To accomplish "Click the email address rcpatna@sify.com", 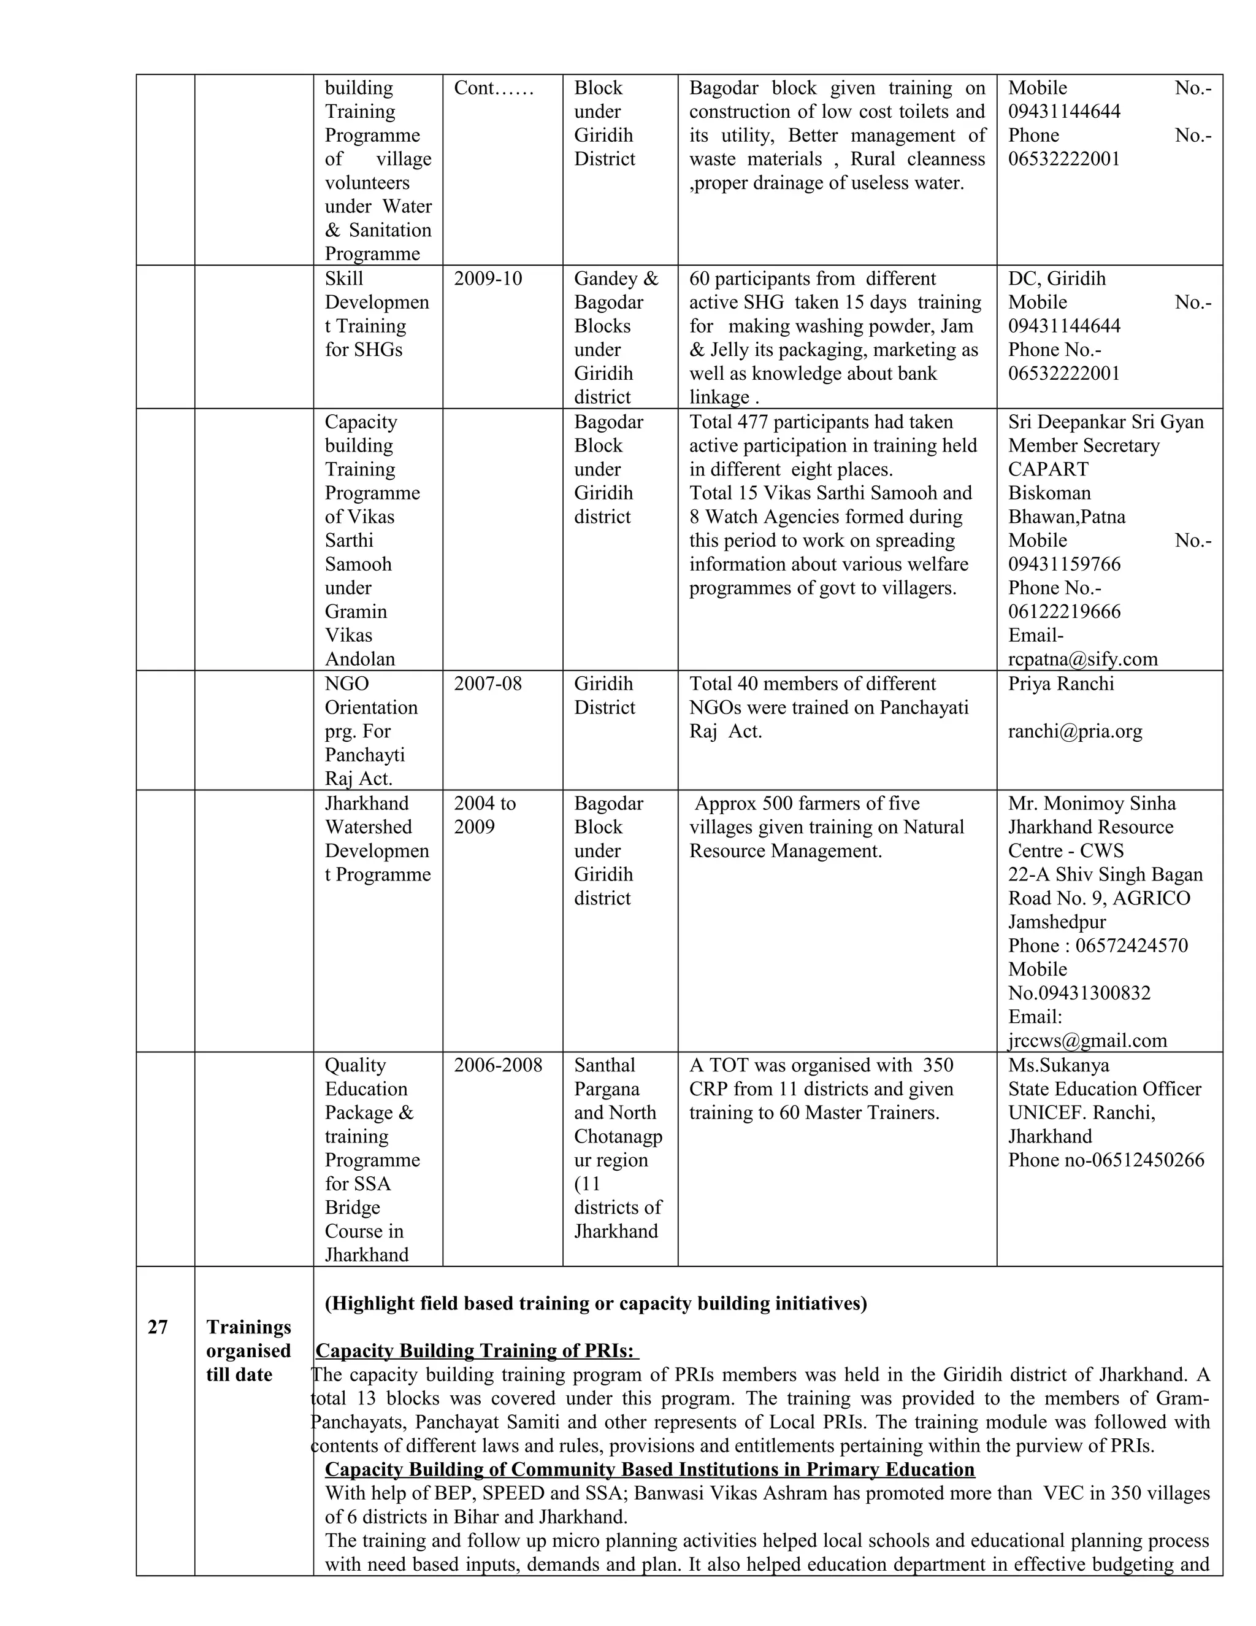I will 1082,659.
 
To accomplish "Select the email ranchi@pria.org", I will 1074,731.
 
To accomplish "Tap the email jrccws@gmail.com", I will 1087,1040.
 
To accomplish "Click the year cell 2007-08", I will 488,684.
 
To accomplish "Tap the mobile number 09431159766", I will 1064,564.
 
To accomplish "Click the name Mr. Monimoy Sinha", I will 1092,803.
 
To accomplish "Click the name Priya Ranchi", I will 1061,684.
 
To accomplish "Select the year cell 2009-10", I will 488,279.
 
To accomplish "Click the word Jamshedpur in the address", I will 1057,922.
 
